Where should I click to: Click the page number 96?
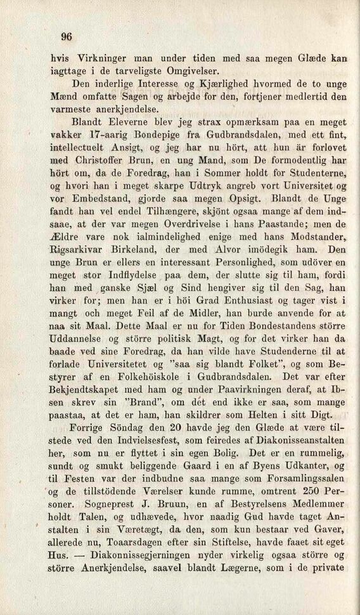click(x=67, y=36)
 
